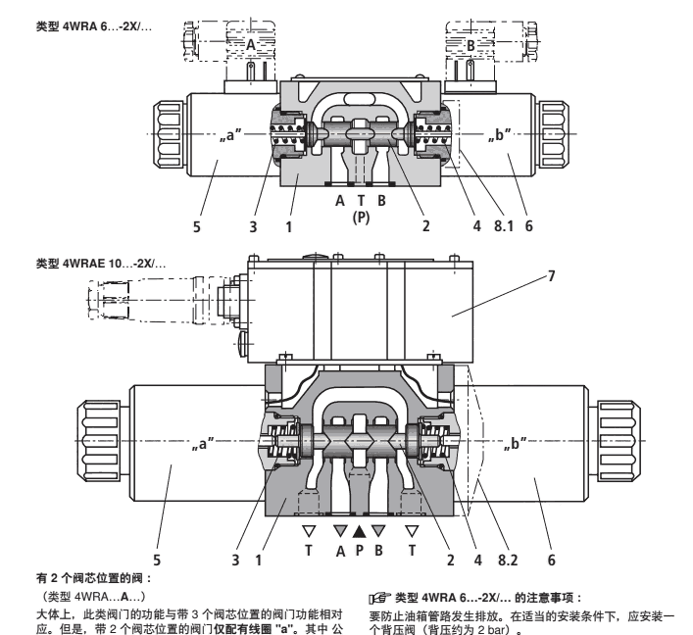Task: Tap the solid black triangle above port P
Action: [x=360, y=531]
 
